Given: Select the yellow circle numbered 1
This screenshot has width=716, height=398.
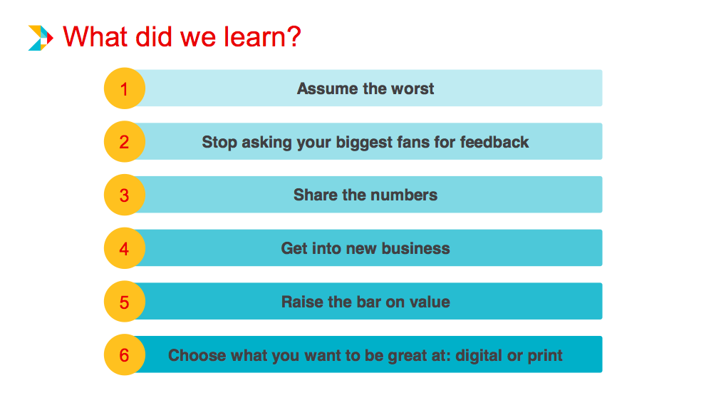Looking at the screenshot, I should (x=125, y=89).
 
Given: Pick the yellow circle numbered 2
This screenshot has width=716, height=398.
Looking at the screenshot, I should (x=125, y=142).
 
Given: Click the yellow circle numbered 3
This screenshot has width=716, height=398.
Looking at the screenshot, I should (x=125, y=195).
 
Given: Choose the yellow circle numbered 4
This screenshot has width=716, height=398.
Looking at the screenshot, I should (x=125, y=249).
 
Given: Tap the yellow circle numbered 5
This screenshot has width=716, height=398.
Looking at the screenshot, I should (x=125, y=302).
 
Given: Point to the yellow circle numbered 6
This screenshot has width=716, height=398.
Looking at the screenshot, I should (x=125, y=355).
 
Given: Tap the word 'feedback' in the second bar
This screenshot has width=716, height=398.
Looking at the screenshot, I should (x=494, y=142).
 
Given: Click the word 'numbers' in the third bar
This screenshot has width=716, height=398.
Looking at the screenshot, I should (x=408, y=195).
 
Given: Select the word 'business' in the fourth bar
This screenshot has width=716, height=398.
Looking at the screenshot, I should (x=416, y=249).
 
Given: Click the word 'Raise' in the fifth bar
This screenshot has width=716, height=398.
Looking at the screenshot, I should (x=302, y=302).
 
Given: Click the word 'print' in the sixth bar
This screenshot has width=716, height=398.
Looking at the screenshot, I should (x=545, y=355).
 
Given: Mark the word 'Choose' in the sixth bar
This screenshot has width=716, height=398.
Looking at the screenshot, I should (x=194, y=355).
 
